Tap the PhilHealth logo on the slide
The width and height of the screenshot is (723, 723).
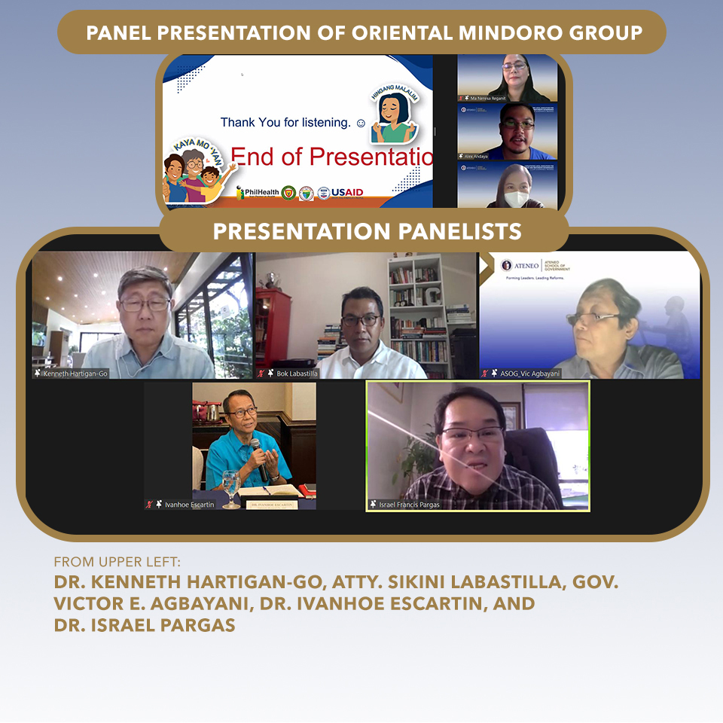[256, 193]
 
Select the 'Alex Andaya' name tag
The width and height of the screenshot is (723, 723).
[476, 156]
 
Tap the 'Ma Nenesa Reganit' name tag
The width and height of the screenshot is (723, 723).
[487, 98]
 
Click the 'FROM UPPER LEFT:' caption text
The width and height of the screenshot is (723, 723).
[117, 562]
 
